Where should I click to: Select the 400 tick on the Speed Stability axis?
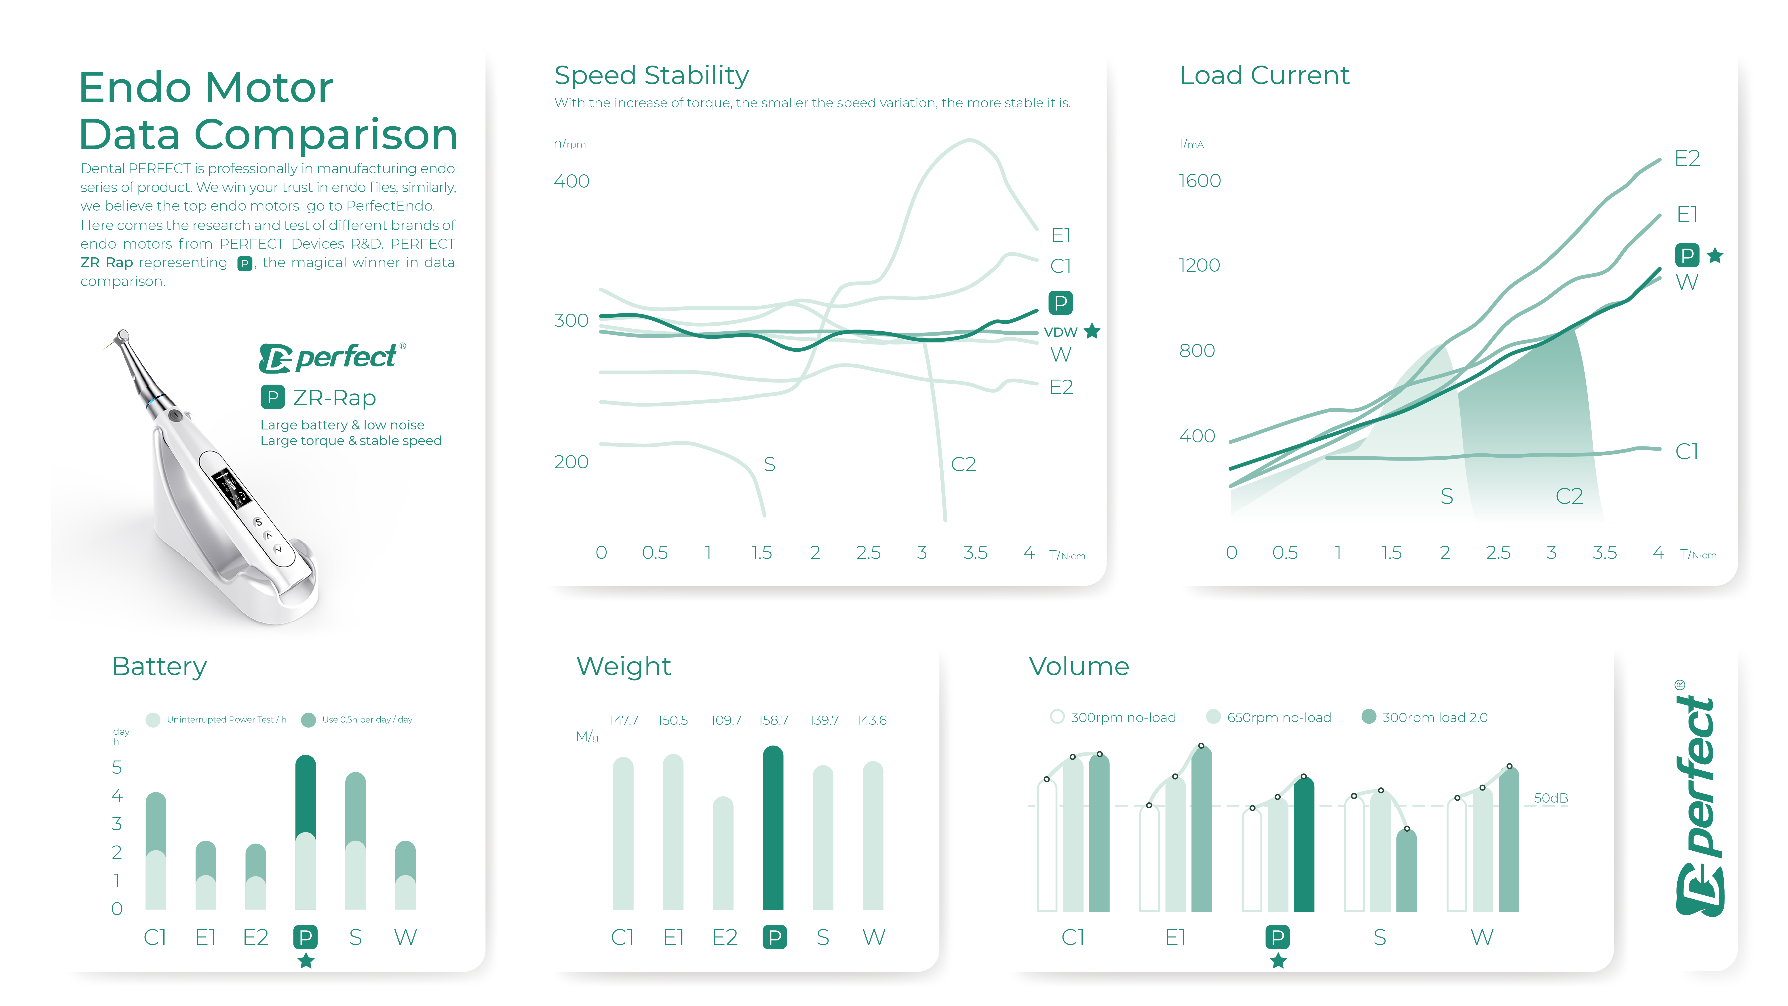tap(571, 181)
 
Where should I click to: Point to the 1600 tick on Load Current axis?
tap(1199, 181)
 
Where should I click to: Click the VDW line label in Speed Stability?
tap(1060, 332)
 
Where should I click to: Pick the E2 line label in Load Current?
tap(1687, 158)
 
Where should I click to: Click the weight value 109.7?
tap(725, 720)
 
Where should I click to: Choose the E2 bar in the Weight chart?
tap(723, 854)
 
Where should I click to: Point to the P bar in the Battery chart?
tap(305, 833)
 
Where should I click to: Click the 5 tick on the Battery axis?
tap(117, 767)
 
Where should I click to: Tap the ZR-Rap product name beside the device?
tap(334, 398)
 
